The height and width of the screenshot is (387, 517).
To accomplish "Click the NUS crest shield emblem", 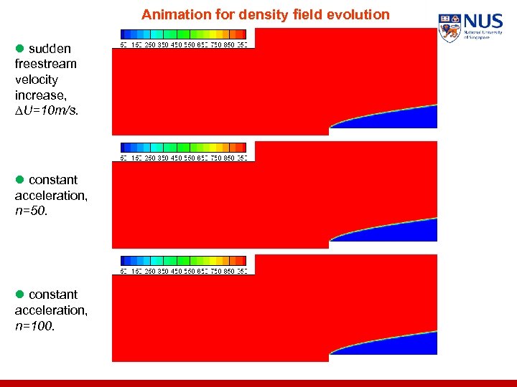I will click(450, 27).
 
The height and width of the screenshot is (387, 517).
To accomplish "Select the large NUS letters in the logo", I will click(483, 21).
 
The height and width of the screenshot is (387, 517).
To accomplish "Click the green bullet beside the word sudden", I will click(20, 49).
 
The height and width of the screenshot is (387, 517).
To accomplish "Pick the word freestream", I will click(45, 64).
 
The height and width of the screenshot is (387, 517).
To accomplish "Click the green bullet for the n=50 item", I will click(20, 180).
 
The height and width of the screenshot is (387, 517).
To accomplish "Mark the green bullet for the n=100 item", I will click(20, 295).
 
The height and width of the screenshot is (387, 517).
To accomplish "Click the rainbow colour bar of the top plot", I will click(183, 34).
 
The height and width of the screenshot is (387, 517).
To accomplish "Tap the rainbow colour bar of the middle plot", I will click(183, 147).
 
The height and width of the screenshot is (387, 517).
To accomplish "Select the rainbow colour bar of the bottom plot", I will click(183, 260).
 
